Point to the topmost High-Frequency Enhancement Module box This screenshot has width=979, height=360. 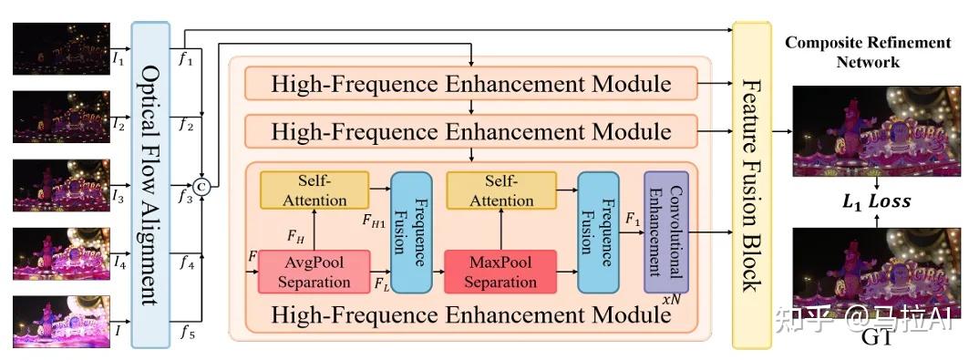coord(471,86)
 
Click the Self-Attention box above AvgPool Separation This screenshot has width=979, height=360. coord(314,190)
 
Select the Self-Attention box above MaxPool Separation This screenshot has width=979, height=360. coord(500,190)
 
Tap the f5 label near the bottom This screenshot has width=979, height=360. coord(187,333)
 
